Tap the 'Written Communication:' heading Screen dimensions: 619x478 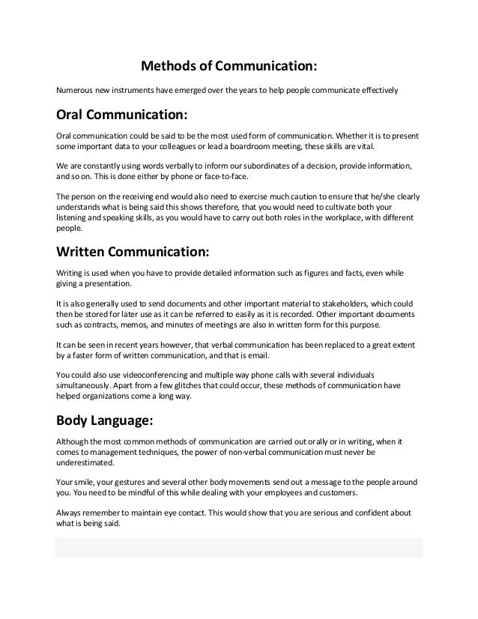pyautogui.click(x=132, y=249)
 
